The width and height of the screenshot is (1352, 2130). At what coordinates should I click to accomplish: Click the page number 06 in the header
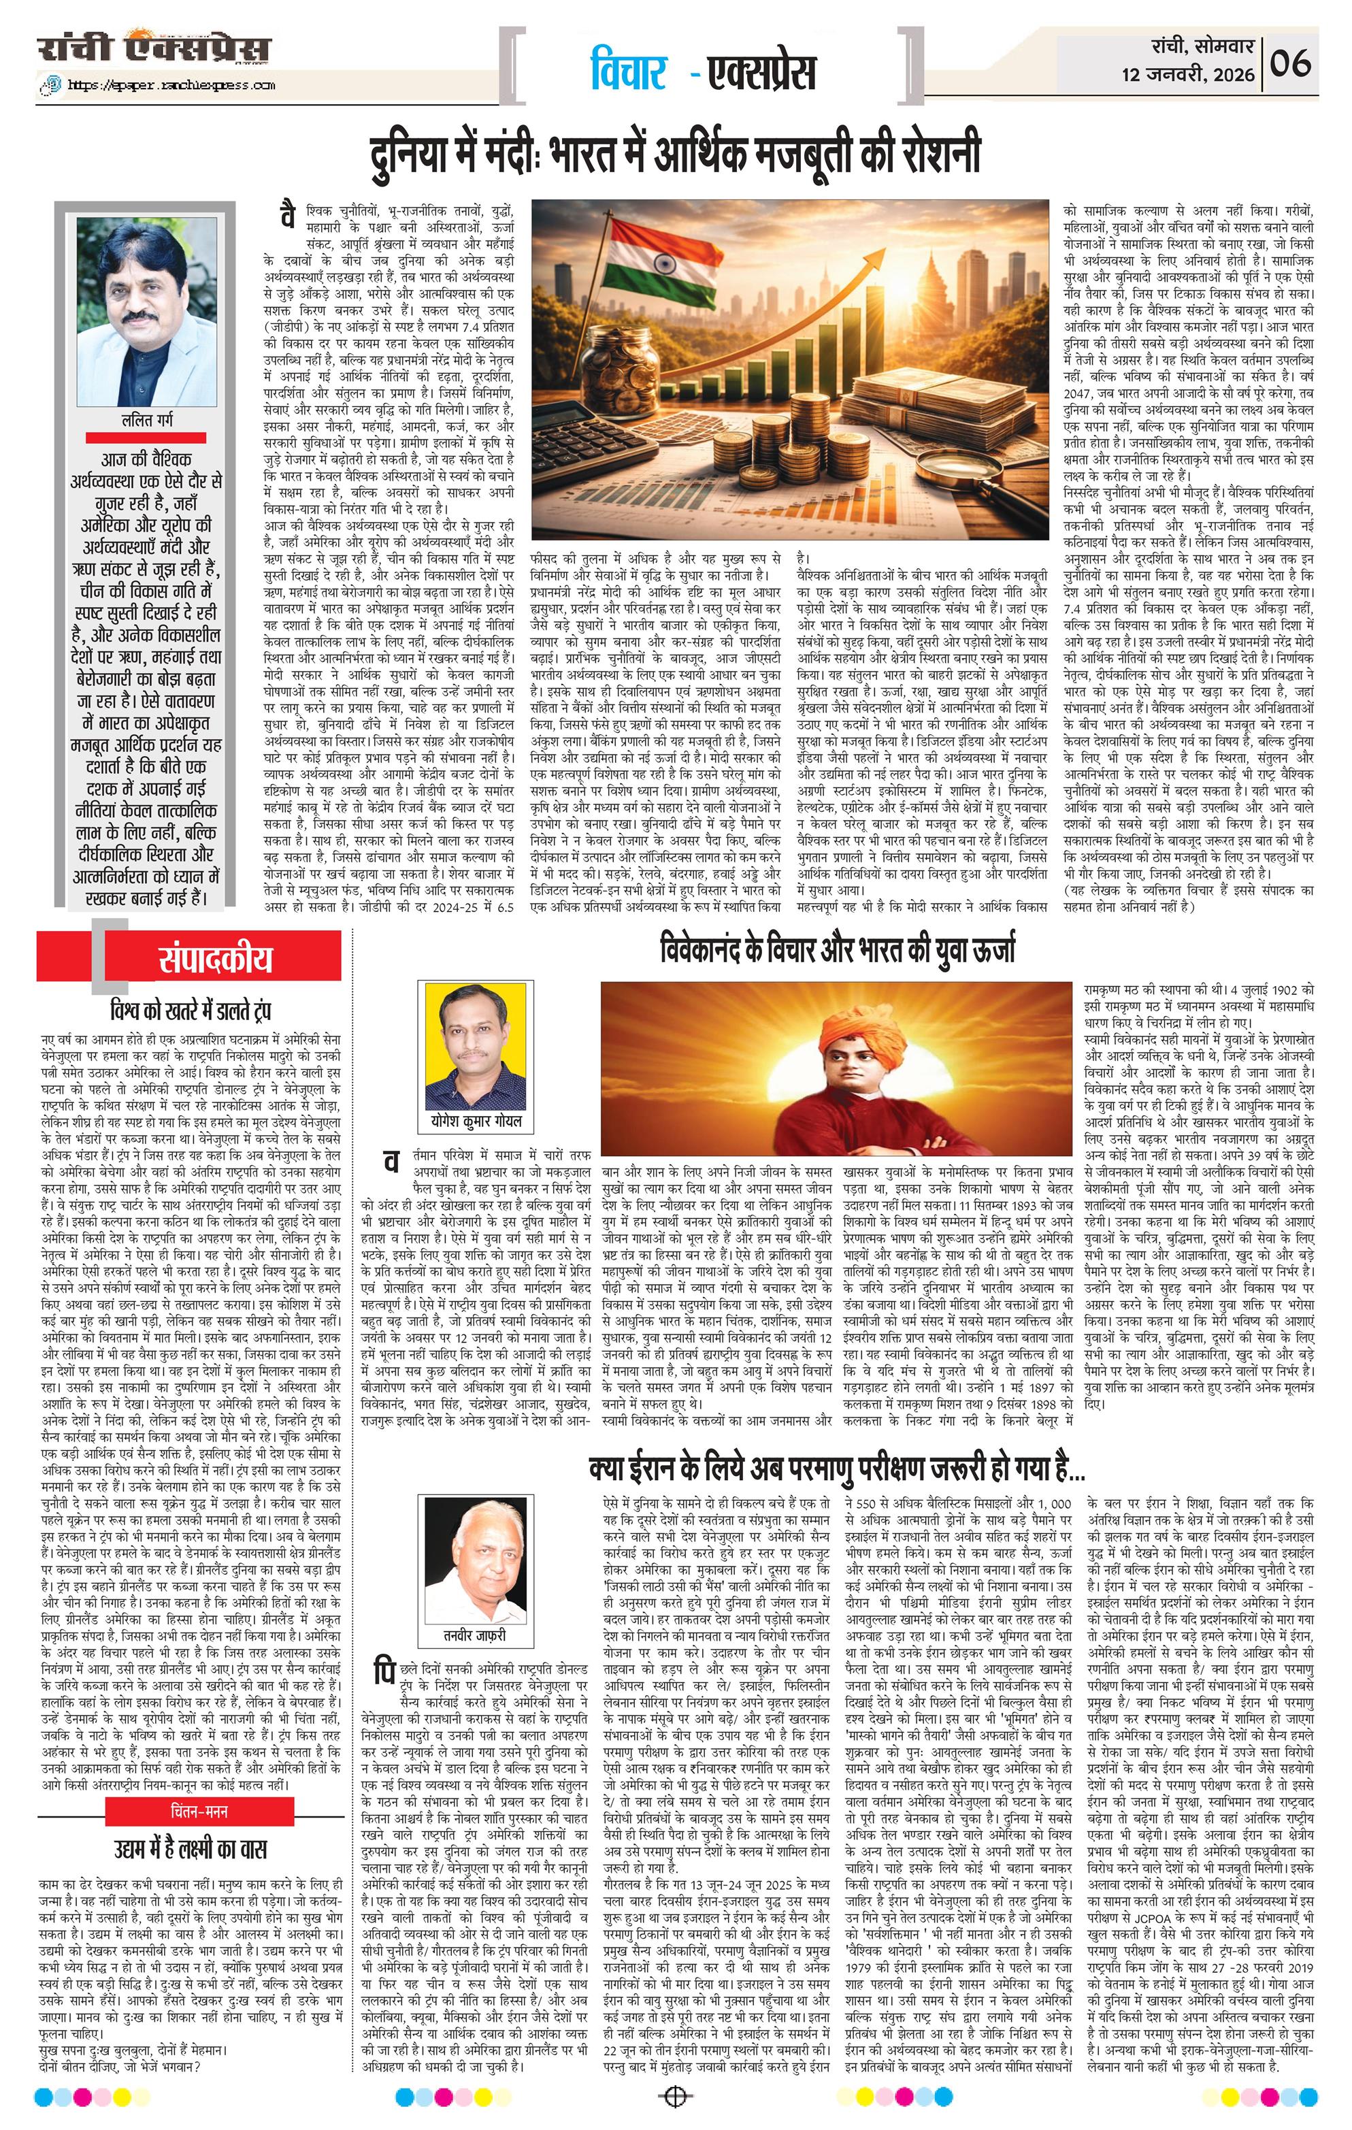point(1291,64)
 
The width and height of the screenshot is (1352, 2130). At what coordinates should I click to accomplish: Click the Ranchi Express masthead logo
point(154,48)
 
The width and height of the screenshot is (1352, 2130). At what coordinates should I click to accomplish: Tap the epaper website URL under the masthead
point(159,86)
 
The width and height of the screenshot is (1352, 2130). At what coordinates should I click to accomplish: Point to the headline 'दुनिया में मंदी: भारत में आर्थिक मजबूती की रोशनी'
point(676,153)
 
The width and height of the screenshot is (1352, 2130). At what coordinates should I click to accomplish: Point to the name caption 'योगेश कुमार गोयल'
point(476,1121)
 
